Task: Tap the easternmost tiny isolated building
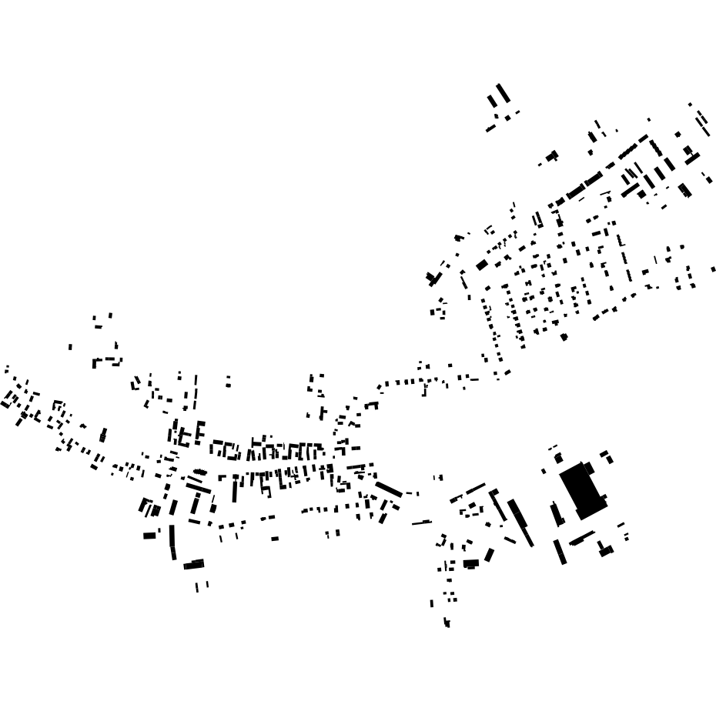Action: (x=714, y=269)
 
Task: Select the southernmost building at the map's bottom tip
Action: (x=447, y=624)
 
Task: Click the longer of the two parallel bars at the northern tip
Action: (x=503, y=93)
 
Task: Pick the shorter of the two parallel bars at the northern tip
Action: (x=492, y=101)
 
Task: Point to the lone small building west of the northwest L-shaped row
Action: (x=70, y=347)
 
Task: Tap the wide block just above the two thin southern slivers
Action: (x=194, y=565)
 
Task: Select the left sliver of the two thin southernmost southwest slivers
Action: (x=198, y=587)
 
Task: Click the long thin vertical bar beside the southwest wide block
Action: (x=172, y=542)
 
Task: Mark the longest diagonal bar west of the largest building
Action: (x=520, y=522)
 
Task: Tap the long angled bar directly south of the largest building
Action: (x=582, y=537)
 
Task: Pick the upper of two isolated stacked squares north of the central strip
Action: (x=228, y=378)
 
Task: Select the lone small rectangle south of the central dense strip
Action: (x=275, y=538)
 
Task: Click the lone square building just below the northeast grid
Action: (x=564, y=336)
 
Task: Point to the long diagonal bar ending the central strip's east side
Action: (x=389, y=489)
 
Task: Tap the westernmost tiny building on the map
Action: (x=6, y=368)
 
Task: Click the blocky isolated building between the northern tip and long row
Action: (x=551, y=156)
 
